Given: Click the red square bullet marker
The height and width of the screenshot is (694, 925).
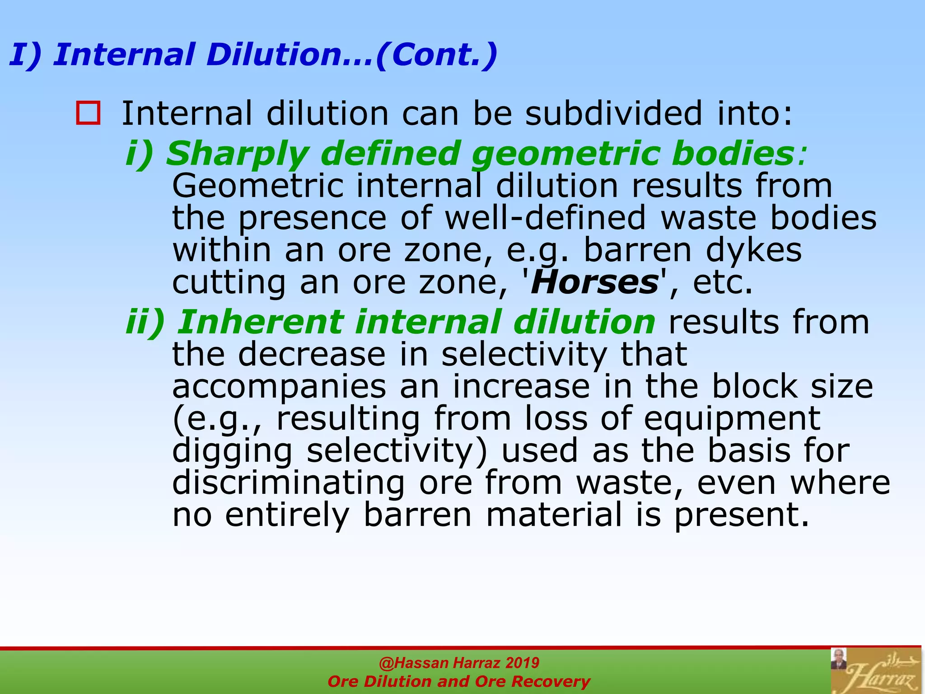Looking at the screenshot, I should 88,113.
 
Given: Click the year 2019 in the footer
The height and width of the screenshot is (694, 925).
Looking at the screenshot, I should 522,663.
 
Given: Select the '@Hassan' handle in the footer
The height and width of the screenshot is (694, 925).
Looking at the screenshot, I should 414,663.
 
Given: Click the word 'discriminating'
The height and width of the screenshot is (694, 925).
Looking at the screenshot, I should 289,483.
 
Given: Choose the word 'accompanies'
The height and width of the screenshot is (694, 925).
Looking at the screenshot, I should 279,386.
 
